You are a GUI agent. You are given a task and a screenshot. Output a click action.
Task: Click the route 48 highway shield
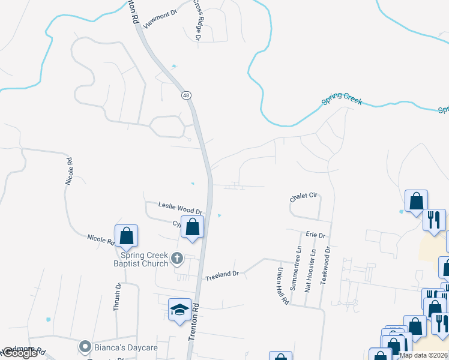pyautogui.click(x=187, y=95)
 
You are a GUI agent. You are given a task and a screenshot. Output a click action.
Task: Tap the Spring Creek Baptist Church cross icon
pyautogui.click(x=177, y=258)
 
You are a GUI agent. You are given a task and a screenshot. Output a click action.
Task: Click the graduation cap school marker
pyautogui.click(x=179, y=310)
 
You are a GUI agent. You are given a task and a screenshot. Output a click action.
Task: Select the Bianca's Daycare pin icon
pyautogui.click(x=85, y=347)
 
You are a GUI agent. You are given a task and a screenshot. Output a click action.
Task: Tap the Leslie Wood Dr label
pyautogui.click(x=180, y=208)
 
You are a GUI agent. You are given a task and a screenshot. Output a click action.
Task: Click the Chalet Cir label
pyautogui.click(x=303, y=197)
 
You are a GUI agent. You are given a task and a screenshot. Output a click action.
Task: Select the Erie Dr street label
pyautogui.click(x=315, y=235)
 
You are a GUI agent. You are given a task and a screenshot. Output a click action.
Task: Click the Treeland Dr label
pyautogui.click(x=222, y=275)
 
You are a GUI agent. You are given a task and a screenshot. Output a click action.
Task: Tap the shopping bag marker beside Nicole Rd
pyautogui.click(x=127, y=236)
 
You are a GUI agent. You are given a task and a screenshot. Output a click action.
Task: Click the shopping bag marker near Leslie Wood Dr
pyautogui.click(x=193, y=227)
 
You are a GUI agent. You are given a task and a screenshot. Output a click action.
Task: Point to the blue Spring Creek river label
pyautogui.click(x=342, y=99)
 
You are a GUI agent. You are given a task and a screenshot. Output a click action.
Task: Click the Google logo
pyautogui.click(x=20, y=353)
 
